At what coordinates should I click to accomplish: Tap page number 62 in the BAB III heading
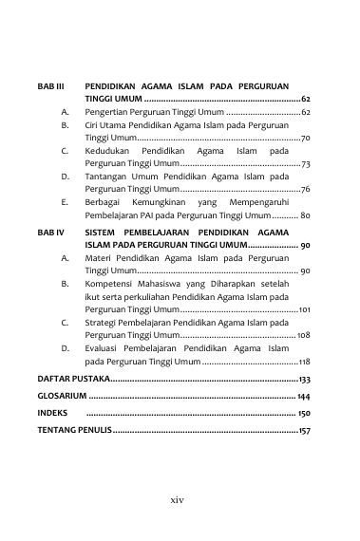coord(306,99)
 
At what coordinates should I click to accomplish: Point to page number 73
coord(305,164)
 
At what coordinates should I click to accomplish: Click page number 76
coord(305,190)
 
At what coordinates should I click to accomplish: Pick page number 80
coord(304,216)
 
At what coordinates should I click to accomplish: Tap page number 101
coord(304,309)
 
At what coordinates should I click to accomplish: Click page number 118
coord(304,362)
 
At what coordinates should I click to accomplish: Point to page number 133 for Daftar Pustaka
coord(304,380)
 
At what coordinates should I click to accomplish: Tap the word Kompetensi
coord(109,283)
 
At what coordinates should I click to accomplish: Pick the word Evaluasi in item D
coord(104,348)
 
